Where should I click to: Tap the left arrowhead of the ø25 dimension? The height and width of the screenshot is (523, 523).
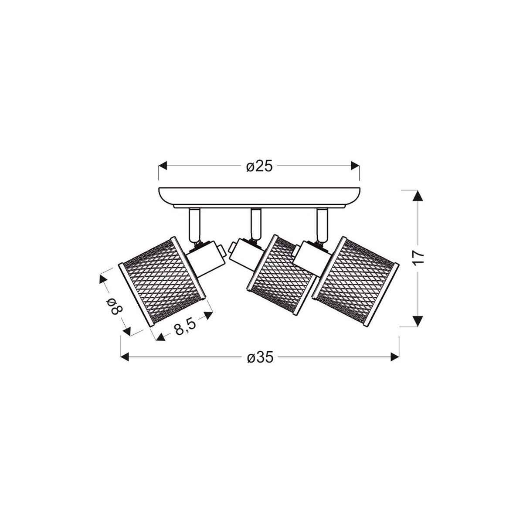163,166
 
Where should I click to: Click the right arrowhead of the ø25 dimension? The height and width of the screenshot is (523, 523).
355,166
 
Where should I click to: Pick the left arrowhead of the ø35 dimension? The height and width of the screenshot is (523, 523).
125,357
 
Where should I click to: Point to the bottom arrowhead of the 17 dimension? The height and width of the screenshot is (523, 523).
418,321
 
